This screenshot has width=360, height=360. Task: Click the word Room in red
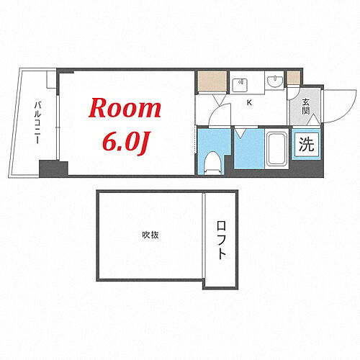tap(125, 108)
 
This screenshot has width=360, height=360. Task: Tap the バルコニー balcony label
tap(36, 122)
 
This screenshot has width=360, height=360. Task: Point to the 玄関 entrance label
tap(305, 107)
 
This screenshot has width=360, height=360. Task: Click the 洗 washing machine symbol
tap(306, 143)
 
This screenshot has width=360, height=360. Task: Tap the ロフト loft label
tap(221, 243)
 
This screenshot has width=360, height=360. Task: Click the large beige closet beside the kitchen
tap(211, 82)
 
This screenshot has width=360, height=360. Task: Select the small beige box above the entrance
tap(293, 78)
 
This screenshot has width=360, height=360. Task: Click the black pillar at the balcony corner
tap(53, 169)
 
